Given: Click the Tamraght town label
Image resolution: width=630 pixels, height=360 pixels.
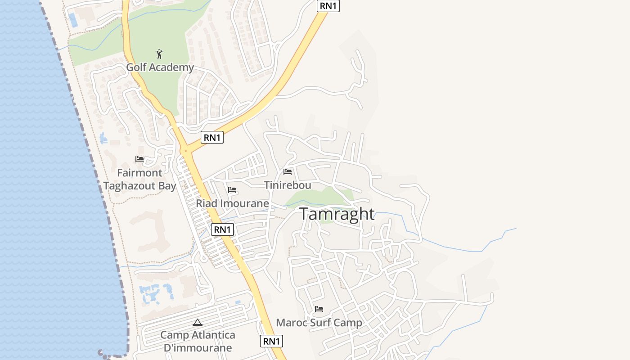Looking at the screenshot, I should point(337,214).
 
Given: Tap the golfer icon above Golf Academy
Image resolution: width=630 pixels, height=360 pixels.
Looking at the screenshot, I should point(159,54).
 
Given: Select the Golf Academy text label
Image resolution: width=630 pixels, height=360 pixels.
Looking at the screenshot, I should point(160,67).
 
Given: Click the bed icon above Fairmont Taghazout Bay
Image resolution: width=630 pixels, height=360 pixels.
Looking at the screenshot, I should point(139,159).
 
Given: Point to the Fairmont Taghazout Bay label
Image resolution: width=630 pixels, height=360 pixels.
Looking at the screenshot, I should point(139,180).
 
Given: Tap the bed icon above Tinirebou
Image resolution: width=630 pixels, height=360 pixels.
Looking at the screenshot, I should point(288,172).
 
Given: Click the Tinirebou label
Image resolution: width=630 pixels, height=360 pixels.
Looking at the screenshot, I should point(288,185).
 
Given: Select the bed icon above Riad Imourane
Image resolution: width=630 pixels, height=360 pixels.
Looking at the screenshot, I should point(232,190).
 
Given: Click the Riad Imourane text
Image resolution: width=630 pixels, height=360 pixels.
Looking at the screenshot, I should point(232,203).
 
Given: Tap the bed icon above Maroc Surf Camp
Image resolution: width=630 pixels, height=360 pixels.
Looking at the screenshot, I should point(319,309).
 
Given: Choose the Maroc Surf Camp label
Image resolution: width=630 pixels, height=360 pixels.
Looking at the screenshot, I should point(319,323).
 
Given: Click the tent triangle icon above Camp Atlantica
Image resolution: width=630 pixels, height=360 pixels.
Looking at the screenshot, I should point(197,322).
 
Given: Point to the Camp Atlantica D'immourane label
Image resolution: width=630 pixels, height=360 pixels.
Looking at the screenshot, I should point(198,342).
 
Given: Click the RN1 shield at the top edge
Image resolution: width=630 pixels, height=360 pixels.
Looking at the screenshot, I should point(328,5).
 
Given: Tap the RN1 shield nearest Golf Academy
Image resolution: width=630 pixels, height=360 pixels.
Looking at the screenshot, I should point(212,138).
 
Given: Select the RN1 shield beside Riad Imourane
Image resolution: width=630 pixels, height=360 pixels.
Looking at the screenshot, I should point(222,229).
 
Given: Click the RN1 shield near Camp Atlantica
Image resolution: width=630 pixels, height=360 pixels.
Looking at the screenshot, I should point(271,341).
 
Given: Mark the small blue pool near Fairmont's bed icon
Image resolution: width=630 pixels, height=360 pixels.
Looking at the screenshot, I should point(103,138).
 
